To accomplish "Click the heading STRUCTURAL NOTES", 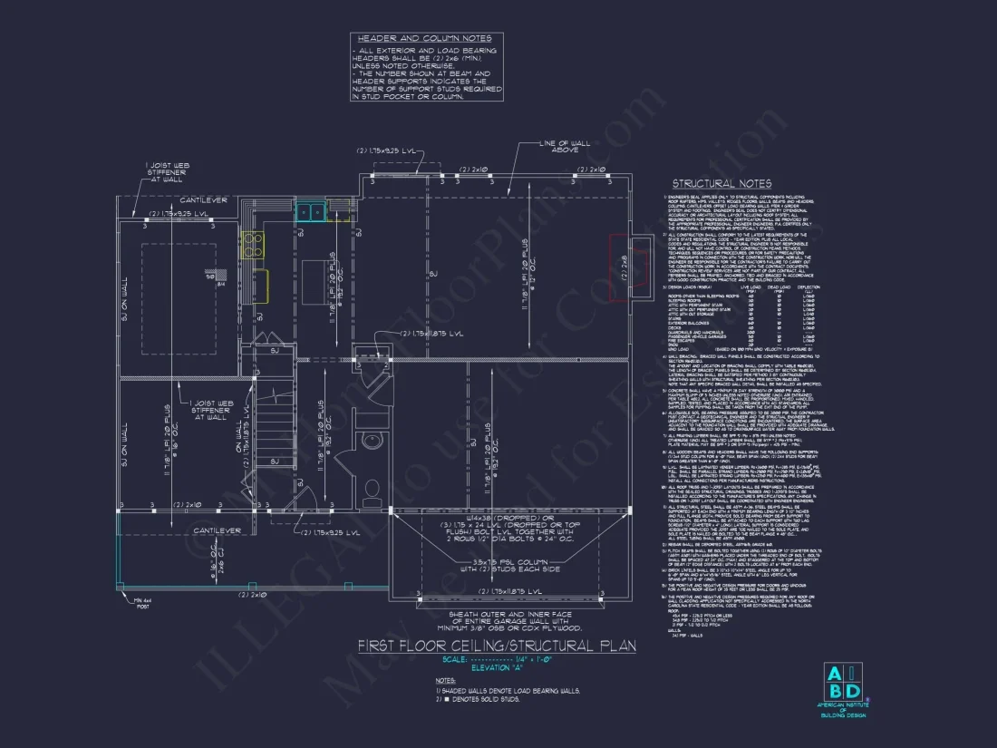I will coord(734,183).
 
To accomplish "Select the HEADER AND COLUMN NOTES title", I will coord(424,39).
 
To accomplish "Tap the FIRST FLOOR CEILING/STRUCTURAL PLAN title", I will coord(497,646).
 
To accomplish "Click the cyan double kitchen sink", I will coord(312,211).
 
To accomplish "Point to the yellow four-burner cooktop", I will coord(251,242).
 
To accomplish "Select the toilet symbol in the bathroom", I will coord(370,490).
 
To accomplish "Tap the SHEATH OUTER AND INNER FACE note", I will coord(495,620).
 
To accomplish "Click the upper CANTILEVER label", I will coord(204,199).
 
